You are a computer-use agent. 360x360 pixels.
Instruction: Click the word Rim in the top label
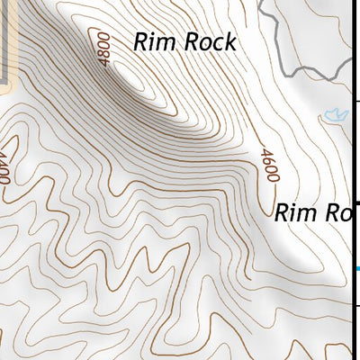[152, 41]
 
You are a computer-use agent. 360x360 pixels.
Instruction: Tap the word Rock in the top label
[208, 41]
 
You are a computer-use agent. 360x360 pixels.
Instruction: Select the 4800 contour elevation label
[104, 48]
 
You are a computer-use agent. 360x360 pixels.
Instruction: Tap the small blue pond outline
[334, 113]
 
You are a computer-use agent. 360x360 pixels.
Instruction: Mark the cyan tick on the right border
[356, 268]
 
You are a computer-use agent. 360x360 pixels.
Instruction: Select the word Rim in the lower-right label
[293, 213]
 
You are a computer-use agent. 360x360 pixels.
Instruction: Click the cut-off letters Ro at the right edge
[335, 213]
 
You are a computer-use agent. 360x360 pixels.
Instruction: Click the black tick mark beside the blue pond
[356, 101]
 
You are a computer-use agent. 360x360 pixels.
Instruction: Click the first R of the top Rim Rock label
[141, 41]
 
